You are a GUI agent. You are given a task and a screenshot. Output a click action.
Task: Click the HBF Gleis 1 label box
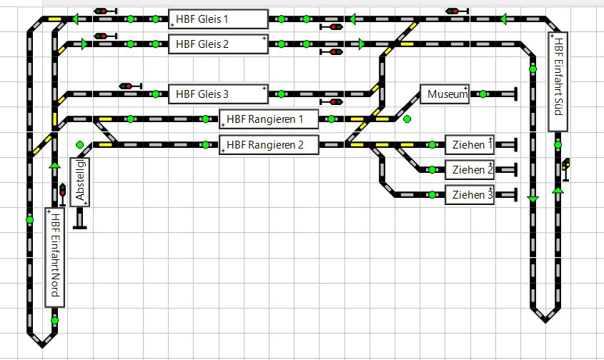(x=218, y=19)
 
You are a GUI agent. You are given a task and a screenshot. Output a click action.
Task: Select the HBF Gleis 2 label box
(x=218, y=44)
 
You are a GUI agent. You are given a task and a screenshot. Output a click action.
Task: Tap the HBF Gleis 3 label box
(x=218, y=94)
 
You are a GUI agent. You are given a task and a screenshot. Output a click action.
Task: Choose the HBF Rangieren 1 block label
(x=269, y=119)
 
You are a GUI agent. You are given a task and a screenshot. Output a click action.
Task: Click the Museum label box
(x=444, y=94)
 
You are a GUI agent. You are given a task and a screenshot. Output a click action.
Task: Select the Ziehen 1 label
(x=470, y=145)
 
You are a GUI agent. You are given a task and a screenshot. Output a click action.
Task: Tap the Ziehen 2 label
(x=470, y=170)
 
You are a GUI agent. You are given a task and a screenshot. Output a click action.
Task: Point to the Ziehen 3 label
(x=470, y=194)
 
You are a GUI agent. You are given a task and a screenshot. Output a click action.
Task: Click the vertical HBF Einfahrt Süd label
(x=558, y=81)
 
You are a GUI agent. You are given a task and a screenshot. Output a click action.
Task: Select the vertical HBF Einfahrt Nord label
(x=54, y=257)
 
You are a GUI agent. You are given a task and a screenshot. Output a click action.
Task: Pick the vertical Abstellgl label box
(x=79, y=182)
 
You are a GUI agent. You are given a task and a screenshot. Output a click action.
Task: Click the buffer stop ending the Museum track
(x=515, y=94)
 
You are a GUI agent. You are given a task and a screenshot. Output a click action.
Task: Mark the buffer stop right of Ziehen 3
(x=515, y=194)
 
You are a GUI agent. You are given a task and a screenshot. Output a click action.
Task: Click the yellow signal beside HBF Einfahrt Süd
(x=565, y=165)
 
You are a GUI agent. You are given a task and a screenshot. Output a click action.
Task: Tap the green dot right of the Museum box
(x=483, y=94)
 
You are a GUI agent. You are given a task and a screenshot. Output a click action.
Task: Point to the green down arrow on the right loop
(x=533, y=199)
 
